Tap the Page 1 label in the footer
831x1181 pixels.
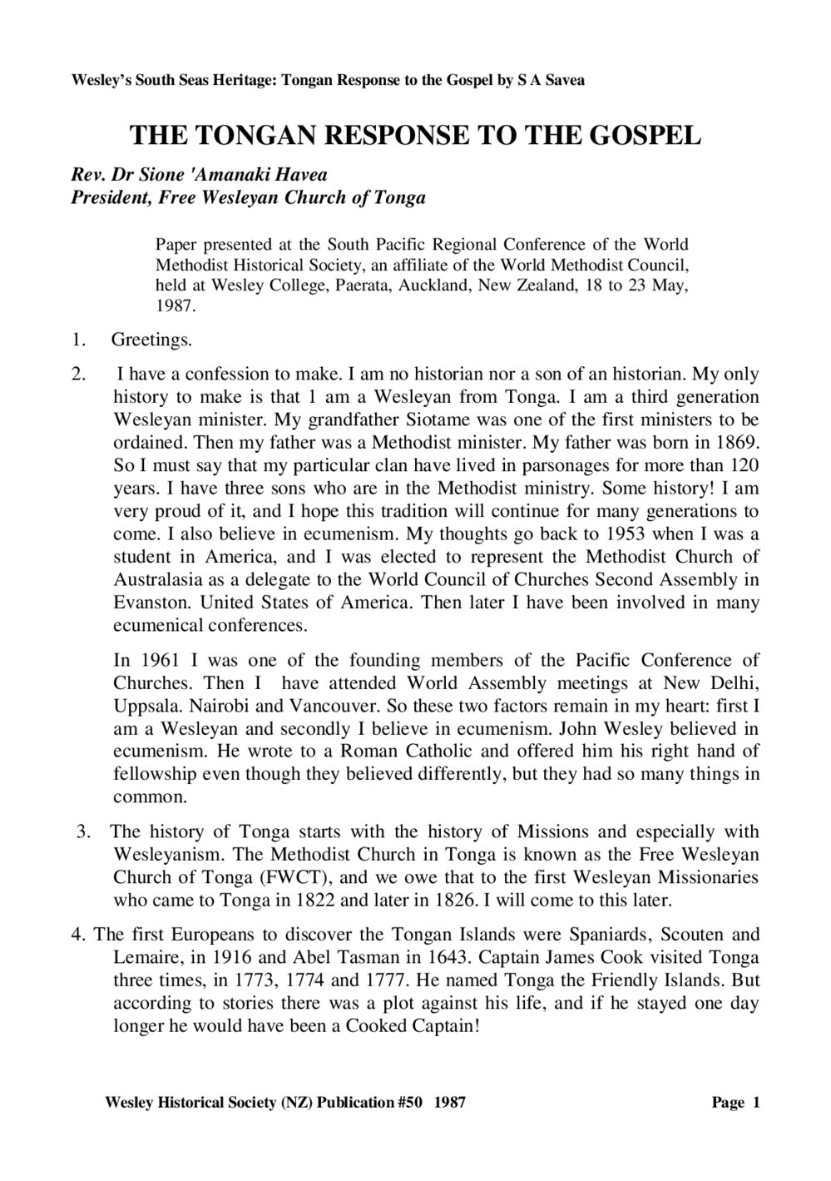[x=735, y=1103]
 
